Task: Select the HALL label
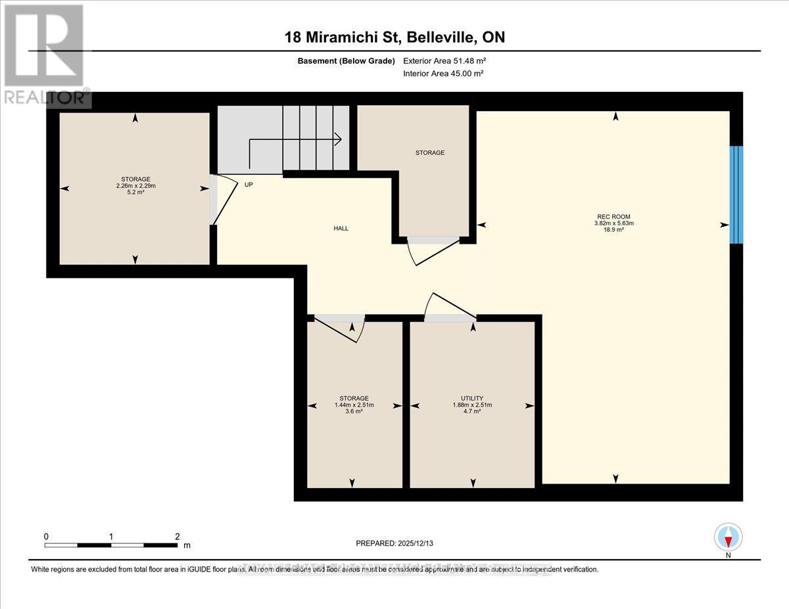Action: pyautogui.click(x=341, y=229)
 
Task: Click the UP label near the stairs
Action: pyautogui.click(x=249, y=185)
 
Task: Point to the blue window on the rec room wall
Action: pyautogui.click(x=736, y=194)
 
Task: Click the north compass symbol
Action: pyautogui.click(x=728, y=537)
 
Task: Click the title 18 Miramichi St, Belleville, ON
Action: pyautogui.click(x=394, y=37)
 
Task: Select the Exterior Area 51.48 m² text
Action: pyautogui.click(x=444, y=61)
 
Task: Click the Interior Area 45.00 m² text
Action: pyautogui.click(x=443, y=74)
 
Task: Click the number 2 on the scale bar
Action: pyautogui.click(x=177, y=537)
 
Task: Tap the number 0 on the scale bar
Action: pyautogui.click(x=47, y=537)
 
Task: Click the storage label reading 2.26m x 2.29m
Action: pyautogui.click(x=135, y=185)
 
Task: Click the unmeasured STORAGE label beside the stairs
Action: pyautogui.click(x=429, y=152)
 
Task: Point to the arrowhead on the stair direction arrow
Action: pyautogui.click(x=338, y=139)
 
